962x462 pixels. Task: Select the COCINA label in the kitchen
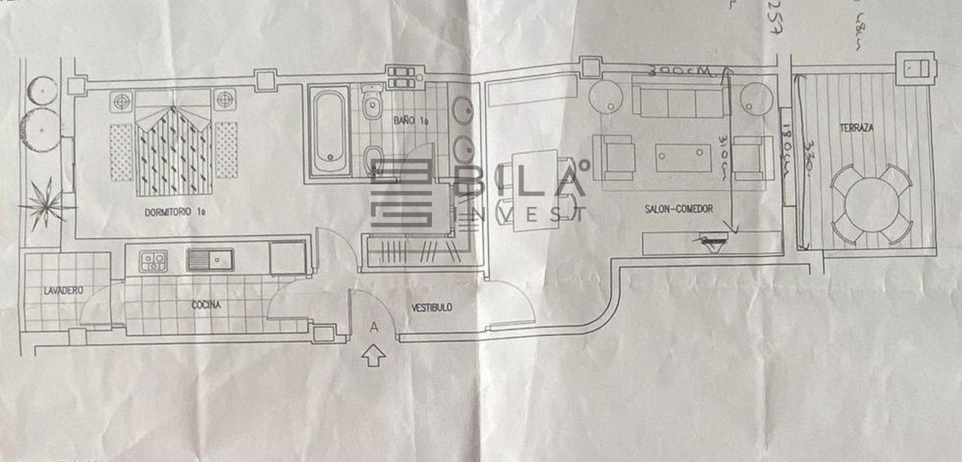(x=205, y=305)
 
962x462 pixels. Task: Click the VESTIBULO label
(x=432, y=307)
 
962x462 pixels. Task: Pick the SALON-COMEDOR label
(x=679, y=209)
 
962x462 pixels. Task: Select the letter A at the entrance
(x=373, y=326)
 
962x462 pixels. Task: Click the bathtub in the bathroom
(x=329, y=132)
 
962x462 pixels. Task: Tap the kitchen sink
(x=209, y=259)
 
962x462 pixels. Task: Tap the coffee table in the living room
(x=683, y=156)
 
